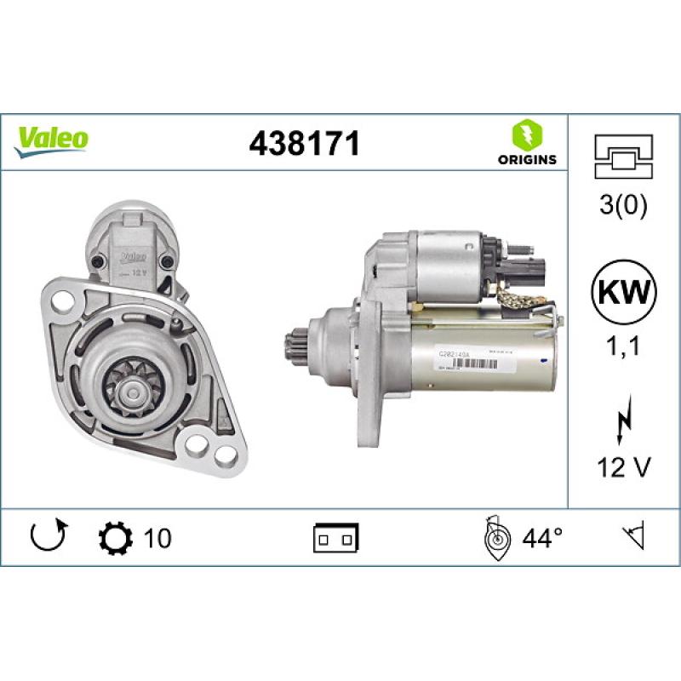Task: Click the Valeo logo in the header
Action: click(x=51, y=139)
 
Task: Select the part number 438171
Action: click(x=304, y=144)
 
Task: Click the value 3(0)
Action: click(x=625, y=207)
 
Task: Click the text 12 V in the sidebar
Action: click(x=625, y=468)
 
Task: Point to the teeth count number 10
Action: click(x=157, y=538)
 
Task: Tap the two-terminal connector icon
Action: click(x=336, y=538)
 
